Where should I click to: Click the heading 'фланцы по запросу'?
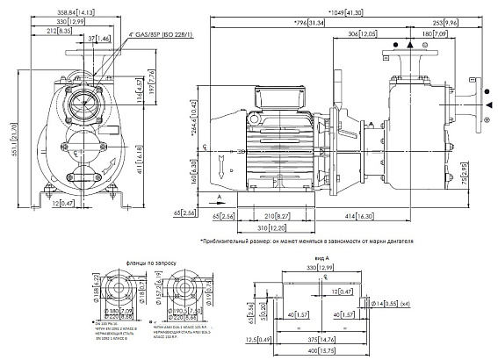[x=131, y=262]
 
